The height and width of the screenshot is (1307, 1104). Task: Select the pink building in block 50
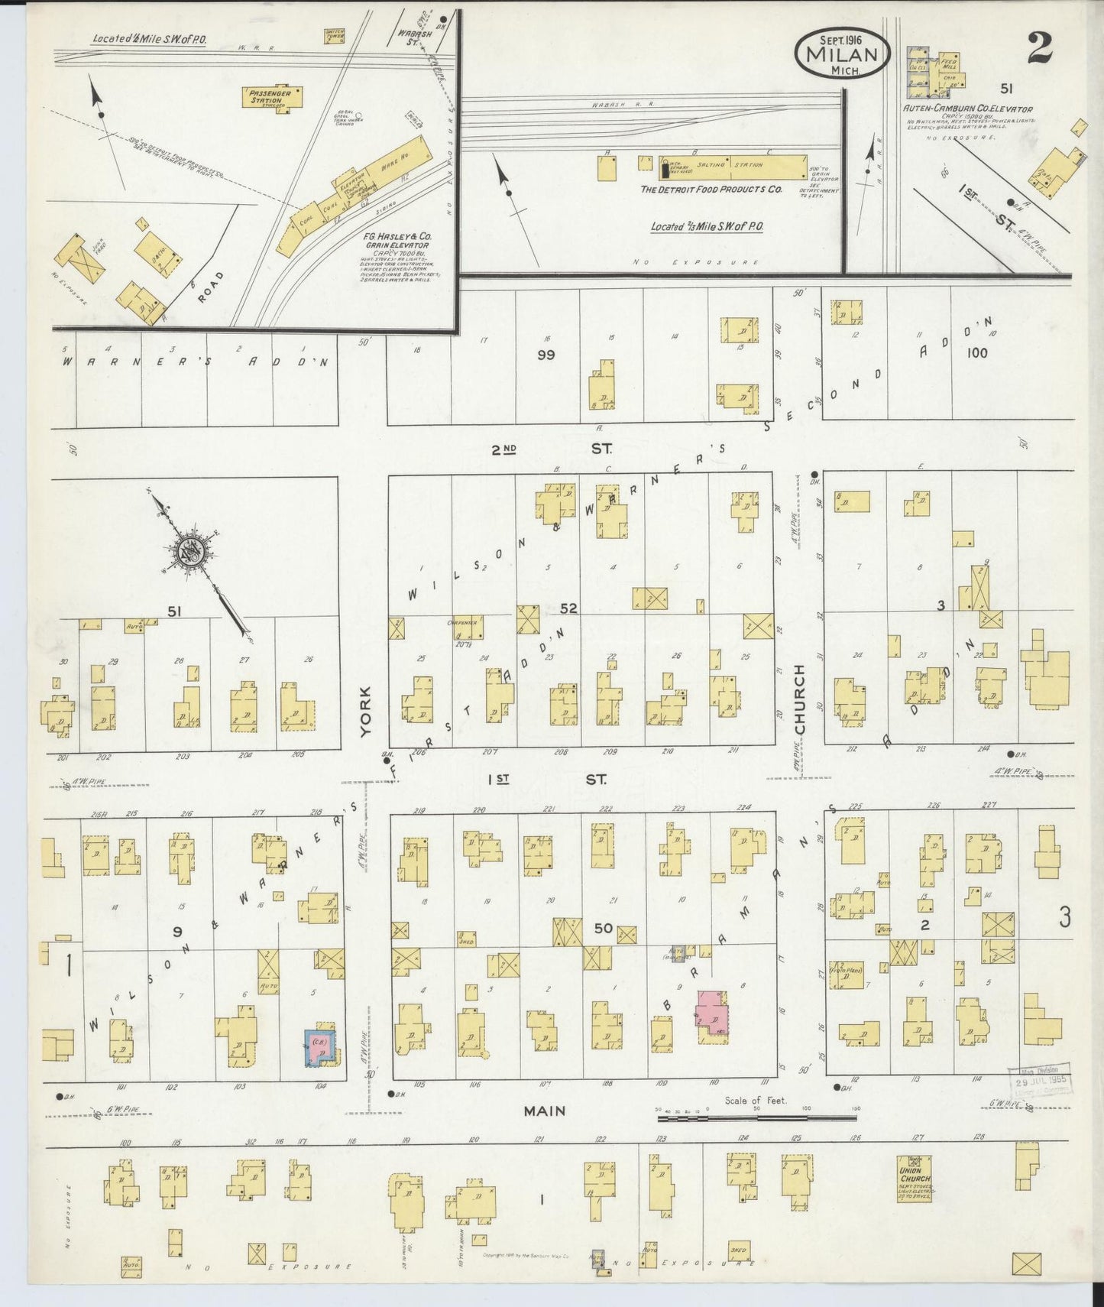point(712,1013)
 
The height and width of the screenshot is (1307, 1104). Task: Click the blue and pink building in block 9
point(322,1046)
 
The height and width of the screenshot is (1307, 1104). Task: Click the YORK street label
point(365,710)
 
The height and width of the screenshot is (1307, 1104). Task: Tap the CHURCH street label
point(800,700)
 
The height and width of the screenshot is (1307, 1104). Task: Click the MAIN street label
point(544,1111)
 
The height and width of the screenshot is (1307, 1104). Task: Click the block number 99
point(545,355)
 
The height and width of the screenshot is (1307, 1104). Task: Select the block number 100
point(976,352)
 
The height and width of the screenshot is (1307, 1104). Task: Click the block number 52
point(568,608)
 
